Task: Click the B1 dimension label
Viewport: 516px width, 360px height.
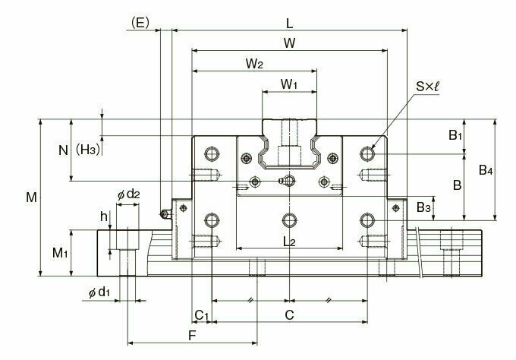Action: click(454, 136)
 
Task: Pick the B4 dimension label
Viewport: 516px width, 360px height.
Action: click(486, 171)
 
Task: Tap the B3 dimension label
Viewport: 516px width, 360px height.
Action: click(425, 207)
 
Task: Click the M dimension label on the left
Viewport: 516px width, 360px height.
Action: click(30, 197)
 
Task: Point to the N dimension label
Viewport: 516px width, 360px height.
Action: click(63, 150)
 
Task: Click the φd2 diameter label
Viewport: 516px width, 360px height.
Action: click(128, 194)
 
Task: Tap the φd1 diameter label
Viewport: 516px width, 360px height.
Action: click(99, 292)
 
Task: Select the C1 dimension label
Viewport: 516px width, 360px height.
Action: click(201, 314)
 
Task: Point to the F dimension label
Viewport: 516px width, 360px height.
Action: click(192, 335)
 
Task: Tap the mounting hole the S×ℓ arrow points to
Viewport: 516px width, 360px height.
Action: click(368, 153)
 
